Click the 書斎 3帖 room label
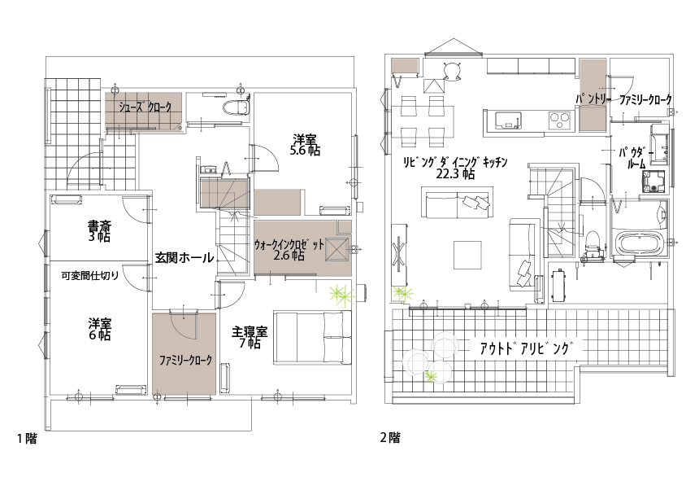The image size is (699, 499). point(99,230)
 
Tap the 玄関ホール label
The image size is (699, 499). point(185,257)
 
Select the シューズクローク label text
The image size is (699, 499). point(145,107)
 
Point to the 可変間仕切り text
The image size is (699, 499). point(90,275)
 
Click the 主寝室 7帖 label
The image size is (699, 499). point(250,337)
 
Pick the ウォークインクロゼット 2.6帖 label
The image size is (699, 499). point(289,250)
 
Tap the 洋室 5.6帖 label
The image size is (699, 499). point(305,144)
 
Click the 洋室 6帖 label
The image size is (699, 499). point(99,329)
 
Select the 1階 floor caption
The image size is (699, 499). point(27,438)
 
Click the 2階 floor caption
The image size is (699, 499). point(390,437)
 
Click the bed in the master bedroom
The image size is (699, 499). point(312,338)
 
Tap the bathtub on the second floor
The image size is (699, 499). point(638,243)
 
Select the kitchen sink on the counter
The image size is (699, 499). point(508,120)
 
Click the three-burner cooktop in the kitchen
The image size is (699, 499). point(559,119)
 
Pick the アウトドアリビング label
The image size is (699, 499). point(525,348)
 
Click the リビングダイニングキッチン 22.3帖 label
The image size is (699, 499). point(454,168)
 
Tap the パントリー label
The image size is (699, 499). point(593,99)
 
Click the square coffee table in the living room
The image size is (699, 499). point(467,255)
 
